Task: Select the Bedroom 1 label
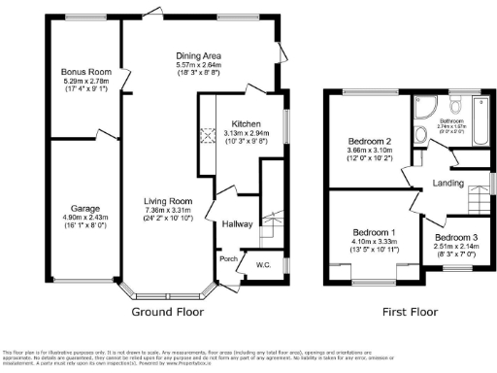point(375,234)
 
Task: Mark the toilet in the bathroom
point(480,106)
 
